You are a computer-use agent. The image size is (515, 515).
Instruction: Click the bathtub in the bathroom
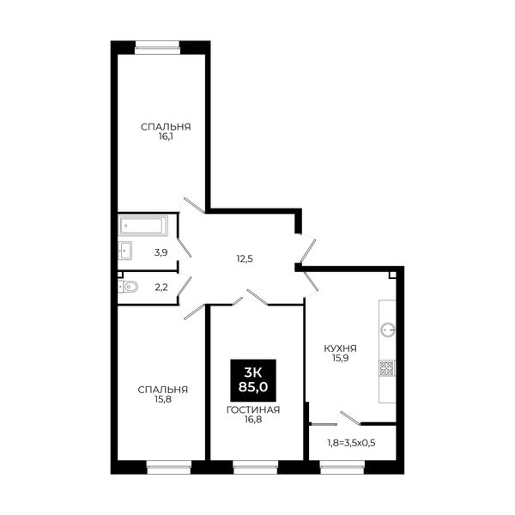143,225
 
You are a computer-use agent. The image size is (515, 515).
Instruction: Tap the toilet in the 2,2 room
128,287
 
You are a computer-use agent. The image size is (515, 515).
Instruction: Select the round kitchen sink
388,330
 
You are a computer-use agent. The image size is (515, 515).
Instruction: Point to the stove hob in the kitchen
387,368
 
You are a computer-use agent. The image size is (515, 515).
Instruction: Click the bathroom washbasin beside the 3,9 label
125,251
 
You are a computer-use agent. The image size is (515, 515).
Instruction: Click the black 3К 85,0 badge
253,380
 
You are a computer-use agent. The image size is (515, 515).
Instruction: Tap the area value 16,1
166,136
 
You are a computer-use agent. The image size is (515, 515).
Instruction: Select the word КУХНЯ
340,348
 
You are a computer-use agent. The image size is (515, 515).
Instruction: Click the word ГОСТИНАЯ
253,410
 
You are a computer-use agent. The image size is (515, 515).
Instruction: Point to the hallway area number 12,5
245,259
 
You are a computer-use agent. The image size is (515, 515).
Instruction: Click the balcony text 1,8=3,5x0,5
351,443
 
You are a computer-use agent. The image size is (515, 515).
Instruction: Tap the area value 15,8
163,399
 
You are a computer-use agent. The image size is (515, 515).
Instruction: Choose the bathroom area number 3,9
161,252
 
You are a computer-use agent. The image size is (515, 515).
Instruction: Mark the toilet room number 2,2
161,288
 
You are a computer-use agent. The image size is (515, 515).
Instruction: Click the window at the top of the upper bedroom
157,47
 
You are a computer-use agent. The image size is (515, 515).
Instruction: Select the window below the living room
255,468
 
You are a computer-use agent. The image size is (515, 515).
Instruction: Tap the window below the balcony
342,468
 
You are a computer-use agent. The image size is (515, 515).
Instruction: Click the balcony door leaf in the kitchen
350,417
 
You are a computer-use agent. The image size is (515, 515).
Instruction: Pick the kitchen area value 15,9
340,358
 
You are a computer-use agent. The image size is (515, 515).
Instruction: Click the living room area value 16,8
253,419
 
